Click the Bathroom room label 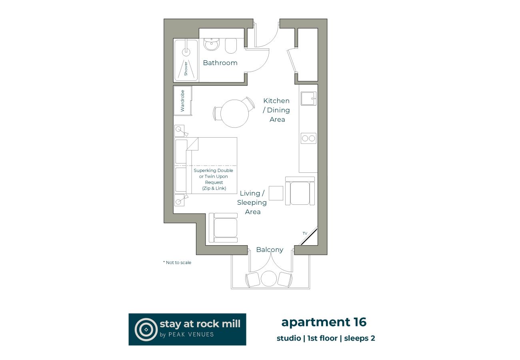(x=220, y=63)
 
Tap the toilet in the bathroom (x=231, y=46)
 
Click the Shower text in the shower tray (x=186, y=68)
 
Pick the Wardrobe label (x=182, y=101)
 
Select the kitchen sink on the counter (x=308, y=98)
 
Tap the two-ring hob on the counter (x=308, y=138)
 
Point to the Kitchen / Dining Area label (x=276, y=110)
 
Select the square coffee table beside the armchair (x=276, y=193)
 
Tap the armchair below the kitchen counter (x=300, y=192)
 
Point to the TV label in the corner (x=305, y=233)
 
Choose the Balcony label (x=270, y=250)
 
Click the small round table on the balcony (x=269, y=278)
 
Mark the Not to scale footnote (x=177, y=262)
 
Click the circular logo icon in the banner (x=146, y=329)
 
